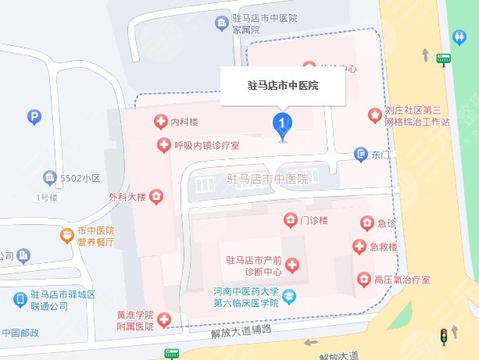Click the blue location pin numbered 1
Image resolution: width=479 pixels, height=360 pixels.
tap(282, 124)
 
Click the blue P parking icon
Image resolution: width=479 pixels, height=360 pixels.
tap(34, 118)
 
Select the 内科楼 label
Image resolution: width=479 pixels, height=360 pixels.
tap(184, 123)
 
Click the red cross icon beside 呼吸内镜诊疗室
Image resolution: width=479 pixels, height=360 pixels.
tap(163, 144)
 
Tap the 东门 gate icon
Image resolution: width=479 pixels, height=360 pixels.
tap(360, 154)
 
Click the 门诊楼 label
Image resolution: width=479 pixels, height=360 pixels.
tap(314, 220)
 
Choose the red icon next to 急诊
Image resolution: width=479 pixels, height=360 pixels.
tap(366, 224)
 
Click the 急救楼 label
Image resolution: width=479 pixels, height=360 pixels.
tap(384, 248)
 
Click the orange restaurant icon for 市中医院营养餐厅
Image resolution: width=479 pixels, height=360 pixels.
tap(69, 234)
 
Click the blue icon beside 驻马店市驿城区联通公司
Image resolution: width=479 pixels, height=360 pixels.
tap(20, 299)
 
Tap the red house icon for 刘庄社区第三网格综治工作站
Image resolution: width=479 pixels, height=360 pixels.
tap(376, 116)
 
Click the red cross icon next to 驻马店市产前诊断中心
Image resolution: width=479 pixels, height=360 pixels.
tap(292, 266)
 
